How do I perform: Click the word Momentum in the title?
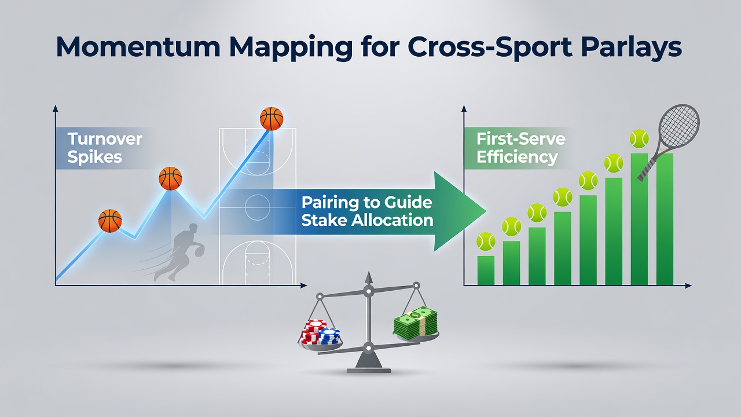[x=138, y=47]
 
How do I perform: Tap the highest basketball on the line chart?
[x=272, y=119]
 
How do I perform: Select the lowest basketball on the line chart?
[x=110, y=221]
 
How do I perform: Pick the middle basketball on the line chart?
[x=170, y=178]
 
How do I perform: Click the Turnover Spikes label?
[x=105, y=148]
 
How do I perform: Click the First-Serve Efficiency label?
[x=520, y=148]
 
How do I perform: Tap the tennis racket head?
[x=679, y=126]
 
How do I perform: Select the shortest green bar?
[x=486, y=270]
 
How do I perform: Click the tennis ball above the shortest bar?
[x=486, y=242]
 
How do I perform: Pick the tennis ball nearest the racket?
[x=639, y=138]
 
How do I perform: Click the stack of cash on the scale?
[x=416, y=323]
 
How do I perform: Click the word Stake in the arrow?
[x=323, y=221]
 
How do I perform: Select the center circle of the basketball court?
[x=258, y=207]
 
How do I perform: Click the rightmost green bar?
[x=665, y=219]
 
